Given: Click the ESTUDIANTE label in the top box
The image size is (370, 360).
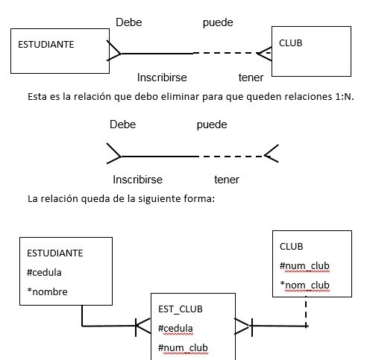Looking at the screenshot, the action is coord(46,45).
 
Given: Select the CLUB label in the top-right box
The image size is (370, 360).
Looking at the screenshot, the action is coord(290,43).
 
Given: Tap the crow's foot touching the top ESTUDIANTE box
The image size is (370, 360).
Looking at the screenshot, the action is coord(114,51).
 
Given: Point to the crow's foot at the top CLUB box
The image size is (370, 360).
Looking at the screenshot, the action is coord(264,54).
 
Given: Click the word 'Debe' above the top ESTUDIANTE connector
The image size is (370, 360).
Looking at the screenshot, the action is coord(129,22).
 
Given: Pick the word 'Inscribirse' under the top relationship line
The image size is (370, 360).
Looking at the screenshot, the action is coord(162,78).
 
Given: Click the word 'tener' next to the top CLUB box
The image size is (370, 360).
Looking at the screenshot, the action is coord(251,78).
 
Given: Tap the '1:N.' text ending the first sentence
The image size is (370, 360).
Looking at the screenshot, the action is coord(344,96).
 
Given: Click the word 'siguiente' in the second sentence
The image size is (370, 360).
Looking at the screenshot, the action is coord(160,199).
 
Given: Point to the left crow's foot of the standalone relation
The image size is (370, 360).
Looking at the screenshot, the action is coord(114,154).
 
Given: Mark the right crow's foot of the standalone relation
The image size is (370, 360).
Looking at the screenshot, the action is coord(271,154).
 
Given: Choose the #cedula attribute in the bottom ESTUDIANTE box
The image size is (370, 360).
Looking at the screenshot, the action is coord(44,273).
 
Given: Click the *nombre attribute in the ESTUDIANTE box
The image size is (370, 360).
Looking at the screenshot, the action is coord(47,291).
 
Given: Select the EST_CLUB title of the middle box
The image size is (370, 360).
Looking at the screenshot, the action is coord(181,309).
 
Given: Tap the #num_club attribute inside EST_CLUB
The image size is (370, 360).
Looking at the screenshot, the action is coord(183,348).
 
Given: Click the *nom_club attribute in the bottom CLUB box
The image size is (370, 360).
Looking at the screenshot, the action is coord(304,285).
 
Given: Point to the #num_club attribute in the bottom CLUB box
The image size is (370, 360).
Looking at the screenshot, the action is coord(304,266).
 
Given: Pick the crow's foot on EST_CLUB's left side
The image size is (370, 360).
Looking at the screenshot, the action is coord(143,326).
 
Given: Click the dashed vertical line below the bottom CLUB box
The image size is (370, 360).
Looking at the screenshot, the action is coord(306,311).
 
